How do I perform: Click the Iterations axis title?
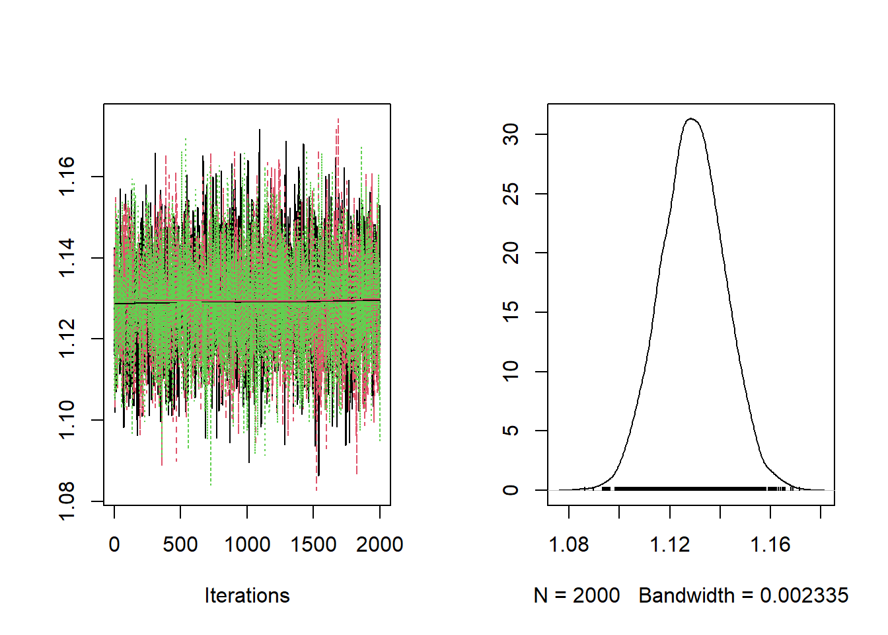pyautogui.click(x=247, y=595)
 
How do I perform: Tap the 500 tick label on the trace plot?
pyautogui.click(x=180, y=544)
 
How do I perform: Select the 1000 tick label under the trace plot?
pyautogui.click(x=247, y=544)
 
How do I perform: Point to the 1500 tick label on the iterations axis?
pyautogui.click(x=313, y=544)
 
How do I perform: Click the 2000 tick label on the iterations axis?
pyautogui.click(x=379, y=544)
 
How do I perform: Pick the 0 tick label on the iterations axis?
pyautogui.click(x=114, y=544)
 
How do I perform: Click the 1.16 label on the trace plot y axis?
pyautogui.click(x=67, y=177)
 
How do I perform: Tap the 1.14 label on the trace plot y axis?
pyautogui.click(x=67, y=258)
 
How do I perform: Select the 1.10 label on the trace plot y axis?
pyautogui.click(x=67, y=420)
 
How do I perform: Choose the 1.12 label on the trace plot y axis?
pyautogui.click(x=67, y=339)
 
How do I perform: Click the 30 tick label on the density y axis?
pyautogui.click(x=511, y=135)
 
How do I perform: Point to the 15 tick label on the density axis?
pyautogui.click(x=511, y=312)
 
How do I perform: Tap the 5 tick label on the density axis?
pyautogui.click(x=511, y=431)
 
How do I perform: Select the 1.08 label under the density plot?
pyautogui.click(x=569, y=544)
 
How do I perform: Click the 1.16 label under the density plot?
pyautogui.click(x=770, y=544)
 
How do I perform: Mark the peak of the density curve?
pyautogui.click(x=691, y=119)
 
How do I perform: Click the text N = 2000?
pyautogui.click(x=577, y=595)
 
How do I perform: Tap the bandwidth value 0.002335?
pyautogui.click(x=804, y=595)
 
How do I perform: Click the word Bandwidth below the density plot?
pyautogui.click(x=686, y=595)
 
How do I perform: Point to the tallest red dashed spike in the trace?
pyautogui.click(x=338, y=121)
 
